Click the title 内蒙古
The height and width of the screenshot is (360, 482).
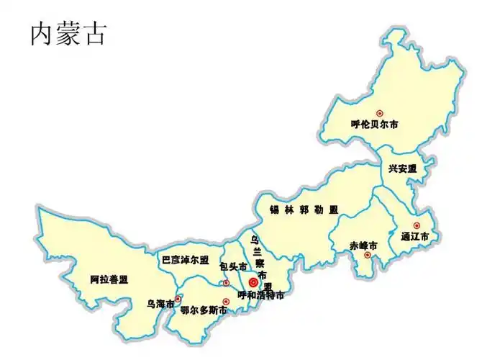click(x=68, y=33)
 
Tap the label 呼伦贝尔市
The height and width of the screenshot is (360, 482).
click(x=375, y=125)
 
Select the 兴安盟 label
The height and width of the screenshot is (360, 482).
click(x=402, y=168)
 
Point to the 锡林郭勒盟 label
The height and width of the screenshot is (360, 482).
click(x=304, y=210)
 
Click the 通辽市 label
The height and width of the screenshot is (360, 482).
click(x=415, y=236)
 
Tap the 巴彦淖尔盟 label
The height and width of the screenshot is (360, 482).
click(x=185, y=260)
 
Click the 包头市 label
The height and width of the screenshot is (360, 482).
click(x=233, y=267)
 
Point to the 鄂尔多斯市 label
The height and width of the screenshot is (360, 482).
click(x=204, y=311)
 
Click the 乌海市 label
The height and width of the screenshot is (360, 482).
click(x=160, y=304)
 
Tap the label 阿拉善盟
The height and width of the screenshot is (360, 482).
click(x=109, y=279)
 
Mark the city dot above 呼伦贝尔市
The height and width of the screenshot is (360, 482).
click(x=380, y=113)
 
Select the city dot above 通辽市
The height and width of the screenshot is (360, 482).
click(x=416, y=225)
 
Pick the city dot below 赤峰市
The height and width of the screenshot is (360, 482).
click(x=367, y=255)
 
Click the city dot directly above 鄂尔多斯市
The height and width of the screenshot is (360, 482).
click(x=225, y=302)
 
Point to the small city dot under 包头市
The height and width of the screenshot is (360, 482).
click(x=226, y=283)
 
